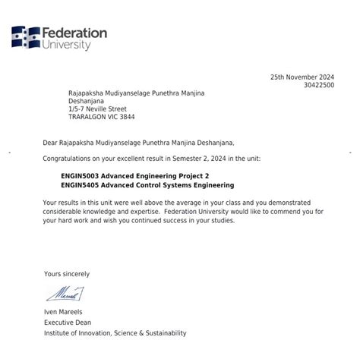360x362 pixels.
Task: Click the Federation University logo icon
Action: click(x=25, y=37)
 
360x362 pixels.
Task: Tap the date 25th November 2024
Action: click(x=302, y=77)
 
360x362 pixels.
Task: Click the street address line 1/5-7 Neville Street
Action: click(x=98, y=109)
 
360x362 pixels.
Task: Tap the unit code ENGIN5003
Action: click(x=80, y=175)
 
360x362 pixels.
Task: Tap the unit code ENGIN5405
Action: click(x=80, y=185)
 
